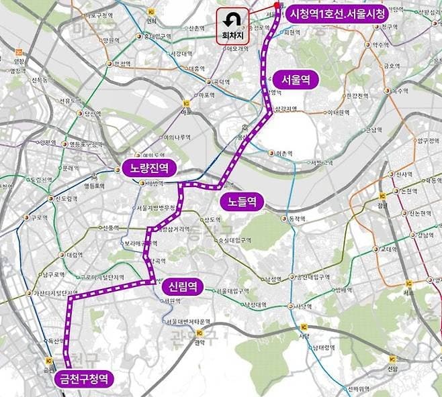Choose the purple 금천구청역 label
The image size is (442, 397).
(83, 378)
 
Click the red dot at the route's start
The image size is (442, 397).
(276, 7)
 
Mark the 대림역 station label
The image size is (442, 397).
(74, 256)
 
